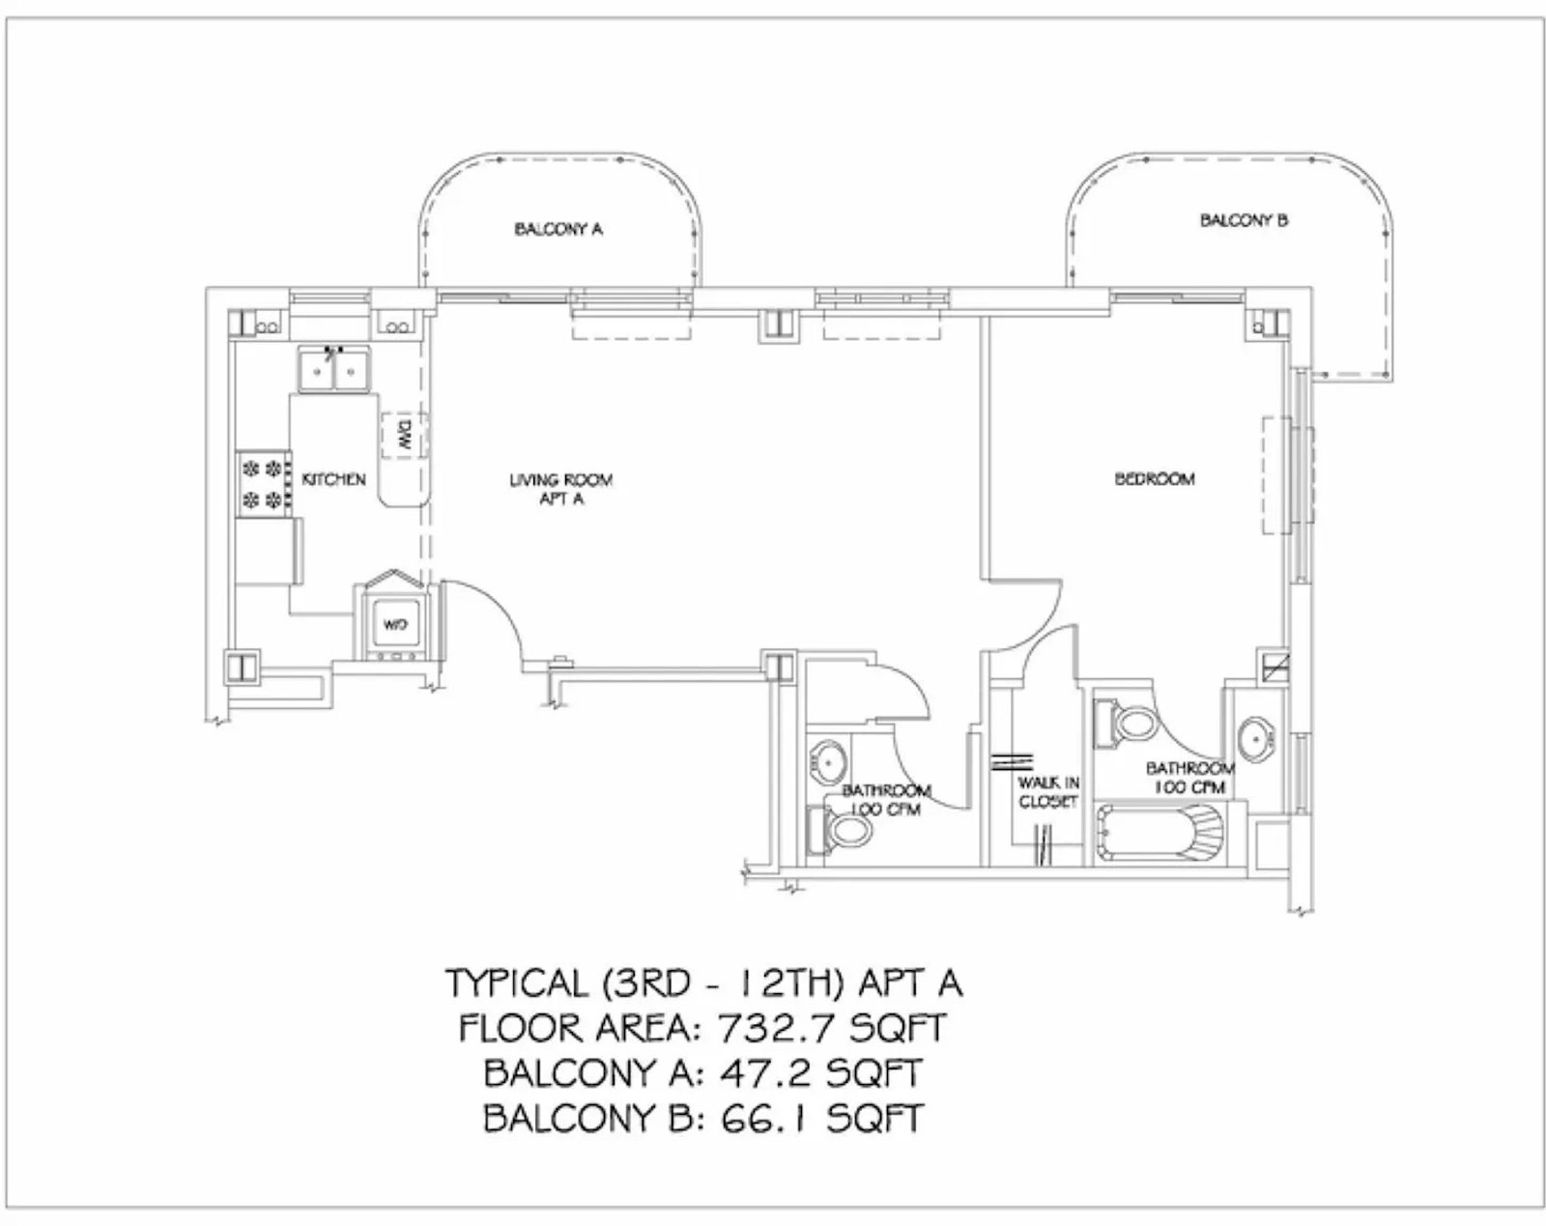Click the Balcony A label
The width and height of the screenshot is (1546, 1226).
click(x=558, y=229)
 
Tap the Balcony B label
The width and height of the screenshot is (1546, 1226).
click(x=1245, y=219)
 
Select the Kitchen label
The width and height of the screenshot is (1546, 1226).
click(x=333, y=479)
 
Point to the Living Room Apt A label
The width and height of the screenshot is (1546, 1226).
click(x=561, y=489)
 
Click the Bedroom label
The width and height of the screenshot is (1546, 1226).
click(x=1155, y=478)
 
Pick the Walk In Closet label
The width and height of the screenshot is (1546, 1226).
click(x=1048, y=791)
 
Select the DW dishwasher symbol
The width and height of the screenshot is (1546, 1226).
click(x=405, y=436)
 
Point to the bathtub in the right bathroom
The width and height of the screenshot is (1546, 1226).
click(x=1159, y=833)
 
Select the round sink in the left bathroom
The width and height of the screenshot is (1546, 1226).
click(x=828, y=764)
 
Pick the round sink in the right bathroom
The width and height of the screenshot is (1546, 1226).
click(x=1257, y=740)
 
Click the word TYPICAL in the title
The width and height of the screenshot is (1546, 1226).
click(x=517, y=984)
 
